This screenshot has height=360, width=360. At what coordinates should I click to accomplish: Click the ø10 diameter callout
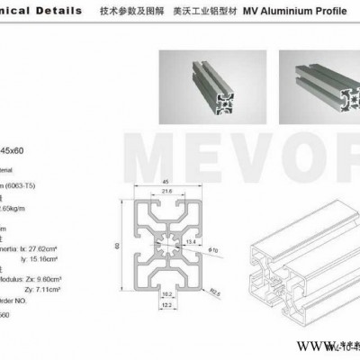tap(212, 248)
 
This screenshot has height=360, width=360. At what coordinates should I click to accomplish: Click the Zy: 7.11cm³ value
tap(38, 280)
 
